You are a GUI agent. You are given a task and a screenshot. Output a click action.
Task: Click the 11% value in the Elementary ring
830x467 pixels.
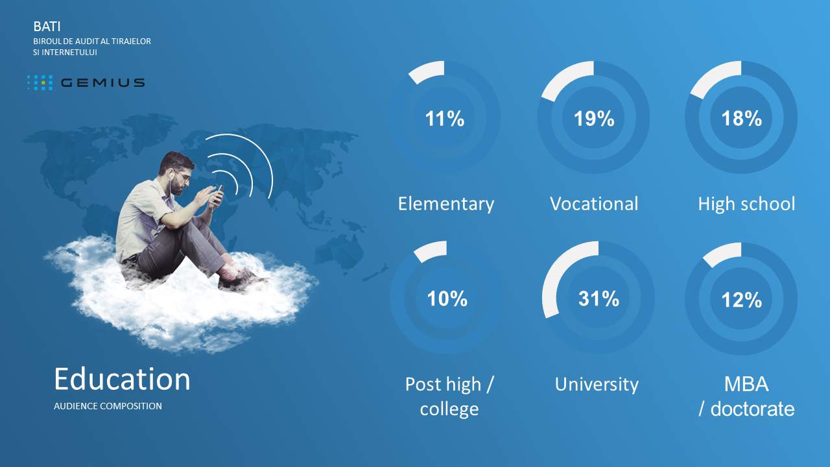tap(444, 119)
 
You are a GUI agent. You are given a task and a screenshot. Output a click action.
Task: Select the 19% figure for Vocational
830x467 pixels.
tap(594, 119)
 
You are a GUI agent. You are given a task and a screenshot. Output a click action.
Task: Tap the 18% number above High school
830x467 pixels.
tap(741, 119)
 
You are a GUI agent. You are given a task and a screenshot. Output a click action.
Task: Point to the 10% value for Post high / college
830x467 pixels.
tap(447, 299)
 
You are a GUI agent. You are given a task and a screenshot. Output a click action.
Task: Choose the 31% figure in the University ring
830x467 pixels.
tap(599, 299)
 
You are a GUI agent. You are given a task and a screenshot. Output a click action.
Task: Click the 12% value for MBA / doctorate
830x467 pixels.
tap(741, 300)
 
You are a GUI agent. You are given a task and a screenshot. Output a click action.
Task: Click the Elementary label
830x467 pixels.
tap(446, 204)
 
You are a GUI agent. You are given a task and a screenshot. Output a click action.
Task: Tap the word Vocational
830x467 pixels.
tap(594, 204)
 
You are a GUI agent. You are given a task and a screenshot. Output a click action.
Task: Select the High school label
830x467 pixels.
tap(746, 204)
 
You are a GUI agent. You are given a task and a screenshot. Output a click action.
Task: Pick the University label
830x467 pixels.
tap(597, 385)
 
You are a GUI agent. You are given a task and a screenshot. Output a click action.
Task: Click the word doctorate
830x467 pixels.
tap(753, 409)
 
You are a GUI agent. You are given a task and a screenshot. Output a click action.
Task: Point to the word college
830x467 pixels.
tap(449, 409)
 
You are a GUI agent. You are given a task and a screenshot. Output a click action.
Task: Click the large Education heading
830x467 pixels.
tap(123, 379)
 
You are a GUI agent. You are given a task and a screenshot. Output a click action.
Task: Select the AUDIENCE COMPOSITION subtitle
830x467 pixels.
tap(108, 406)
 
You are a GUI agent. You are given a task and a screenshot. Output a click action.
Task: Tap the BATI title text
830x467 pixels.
tap(47, 27)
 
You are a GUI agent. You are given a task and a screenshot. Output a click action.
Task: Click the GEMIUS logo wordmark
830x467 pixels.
tap(102, 82)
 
